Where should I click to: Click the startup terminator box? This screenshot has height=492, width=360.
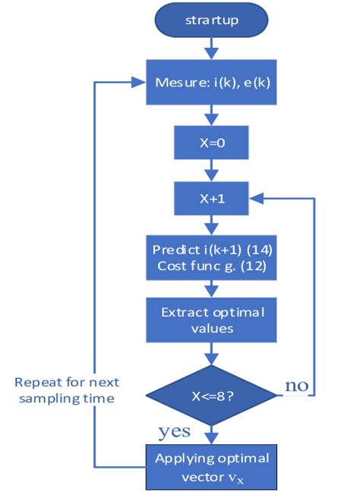(212, 20)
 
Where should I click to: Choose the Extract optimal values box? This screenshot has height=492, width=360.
(212, 320)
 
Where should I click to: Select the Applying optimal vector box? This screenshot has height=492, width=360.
(212, 465)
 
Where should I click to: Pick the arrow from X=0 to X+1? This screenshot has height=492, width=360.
(212, 170)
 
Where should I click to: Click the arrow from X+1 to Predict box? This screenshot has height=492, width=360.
(212, 225)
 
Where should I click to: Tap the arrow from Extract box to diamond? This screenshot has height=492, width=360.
(212, 352)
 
